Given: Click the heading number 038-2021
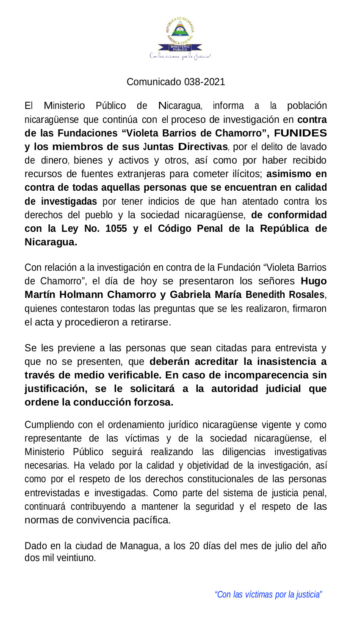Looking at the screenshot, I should click(205, 82).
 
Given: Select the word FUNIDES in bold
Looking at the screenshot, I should click(300, 133).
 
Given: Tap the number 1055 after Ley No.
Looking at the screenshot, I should click(116, 228).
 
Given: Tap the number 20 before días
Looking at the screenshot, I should click(194, 546).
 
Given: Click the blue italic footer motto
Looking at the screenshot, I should click(269, 595).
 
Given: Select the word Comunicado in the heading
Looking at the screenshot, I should click(154, 82).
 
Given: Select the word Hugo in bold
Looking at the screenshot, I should click(314, 281).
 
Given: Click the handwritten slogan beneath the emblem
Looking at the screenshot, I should click(180, 56).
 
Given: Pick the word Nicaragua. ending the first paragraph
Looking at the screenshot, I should click(51, 242).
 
